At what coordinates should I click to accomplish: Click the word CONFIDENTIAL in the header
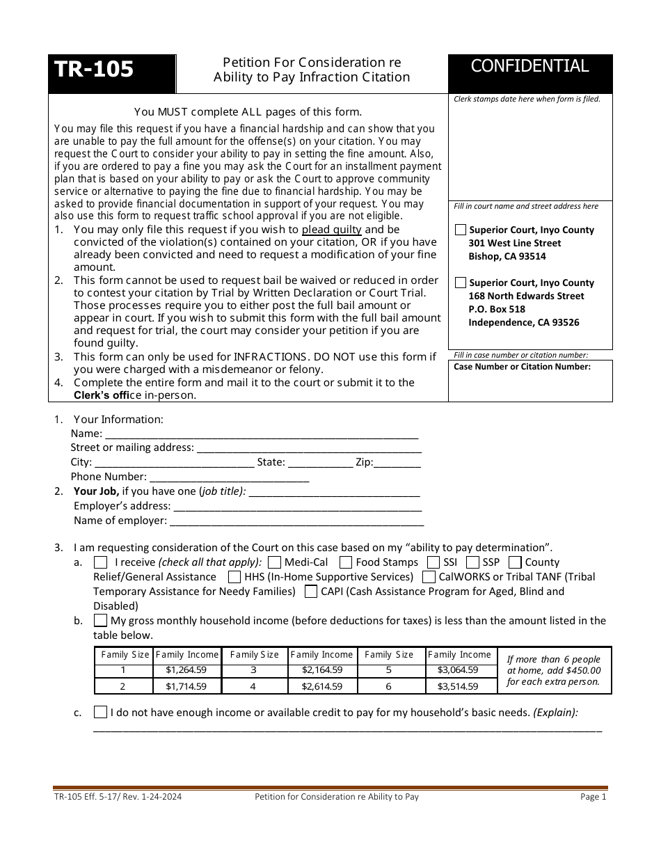pyautogui.click(x=529, y=66)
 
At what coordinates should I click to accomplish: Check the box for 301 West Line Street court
pyautogui.click(x=461, y=230)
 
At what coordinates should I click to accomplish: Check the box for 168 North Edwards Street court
pyautogui.click(x=461, y=283)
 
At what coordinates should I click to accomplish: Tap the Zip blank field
pyautogui.click(x=398, y=463)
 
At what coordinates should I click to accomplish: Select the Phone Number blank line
pyautogui.click(x=229, y=478)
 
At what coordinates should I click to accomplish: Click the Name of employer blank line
pyautogui.click(x=296, y=522)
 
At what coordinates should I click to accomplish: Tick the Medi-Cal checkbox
pyautogui.click(x=274, y=562)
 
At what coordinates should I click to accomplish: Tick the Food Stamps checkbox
pyautogui.click(x=345, y=562)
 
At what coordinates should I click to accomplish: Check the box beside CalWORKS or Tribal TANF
pyautogui.click(x=429, y=577)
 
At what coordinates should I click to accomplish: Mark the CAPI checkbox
pyautogui.click(x=310, y=592)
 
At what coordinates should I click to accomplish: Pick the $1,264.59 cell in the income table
pyautogui.click(x=186, y=670)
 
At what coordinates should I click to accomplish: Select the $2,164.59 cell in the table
pyautogui.click(x=321, y=670)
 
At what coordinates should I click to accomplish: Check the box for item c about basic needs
pyautogui.click(x=100, y=712)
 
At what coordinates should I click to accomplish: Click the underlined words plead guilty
pyautogui.click(x=331, y=230)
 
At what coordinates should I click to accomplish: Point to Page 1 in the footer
pyautogui.click(x=593, y=798)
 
